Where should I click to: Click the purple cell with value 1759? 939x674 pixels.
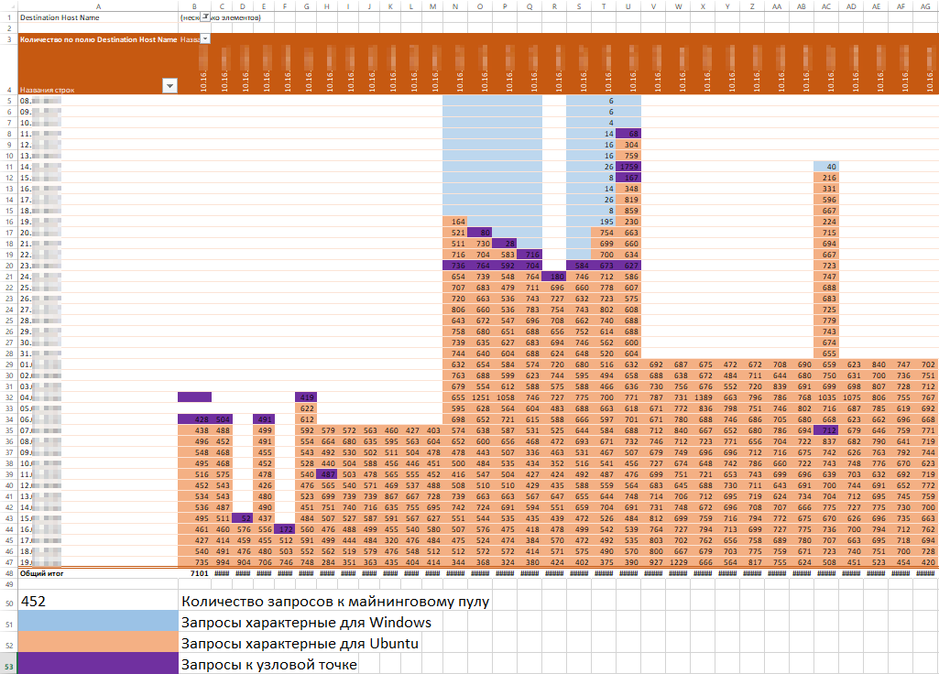(x=628, y=167)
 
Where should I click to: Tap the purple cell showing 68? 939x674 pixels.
(x=628, y=134)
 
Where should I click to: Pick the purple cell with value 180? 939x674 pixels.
(x=554, y=277)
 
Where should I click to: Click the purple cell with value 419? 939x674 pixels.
(x=306, y=397)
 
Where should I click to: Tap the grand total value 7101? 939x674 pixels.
(x=200, y=573)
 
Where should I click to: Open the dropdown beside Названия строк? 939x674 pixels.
(x=169, y=86)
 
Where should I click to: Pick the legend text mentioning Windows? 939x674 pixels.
(x=306, y=623)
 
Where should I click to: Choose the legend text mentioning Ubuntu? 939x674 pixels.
(x=300, y=644)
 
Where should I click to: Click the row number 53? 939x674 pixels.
(x=8, y=664)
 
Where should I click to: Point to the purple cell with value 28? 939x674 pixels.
(x=505, y=244)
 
